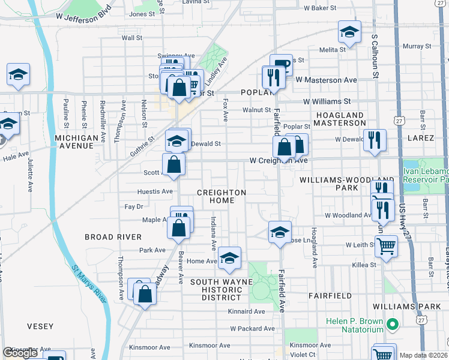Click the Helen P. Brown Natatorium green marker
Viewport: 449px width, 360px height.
(393, 325)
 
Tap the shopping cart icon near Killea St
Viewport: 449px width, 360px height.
(386, 245)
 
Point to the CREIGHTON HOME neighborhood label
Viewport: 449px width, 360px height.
(222, 197)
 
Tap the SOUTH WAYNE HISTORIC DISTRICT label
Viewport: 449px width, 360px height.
(217, 289)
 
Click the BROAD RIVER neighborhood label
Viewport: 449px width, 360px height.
(113, 237)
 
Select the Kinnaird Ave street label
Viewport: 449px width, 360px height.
(247, 311)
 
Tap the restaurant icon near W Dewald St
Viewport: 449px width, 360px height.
(374, 140)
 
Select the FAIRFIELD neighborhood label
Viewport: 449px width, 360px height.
(330, 296)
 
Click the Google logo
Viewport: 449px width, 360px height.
(20, 353)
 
